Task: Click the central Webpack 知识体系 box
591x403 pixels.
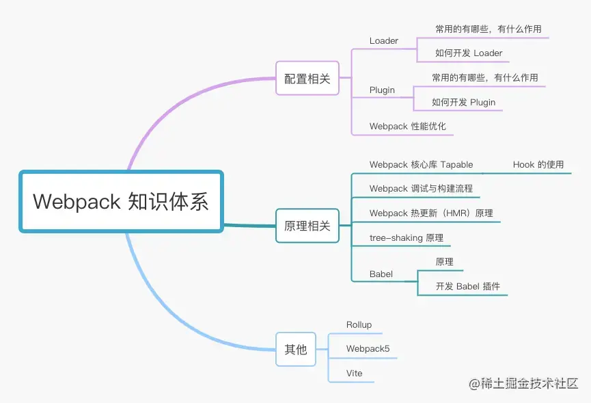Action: (121, 201)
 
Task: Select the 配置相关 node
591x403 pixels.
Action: (307, 79)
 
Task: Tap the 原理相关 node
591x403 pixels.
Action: (307, 226)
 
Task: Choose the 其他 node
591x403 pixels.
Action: (295, 349)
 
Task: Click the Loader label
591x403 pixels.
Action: (383, 41)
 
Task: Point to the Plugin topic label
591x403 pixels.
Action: (382, 90)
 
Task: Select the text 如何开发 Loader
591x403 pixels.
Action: (469, 53)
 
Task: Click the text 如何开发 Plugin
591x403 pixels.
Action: (463, 103)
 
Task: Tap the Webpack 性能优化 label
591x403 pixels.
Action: (407, 127)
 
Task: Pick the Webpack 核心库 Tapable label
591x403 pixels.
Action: (421, 165)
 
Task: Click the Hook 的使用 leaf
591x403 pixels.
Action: (538, 165)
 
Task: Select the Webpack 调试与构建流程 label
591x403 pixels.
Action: (421, 189)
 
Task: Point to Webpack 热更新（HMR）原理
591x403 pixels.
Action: (431, 213)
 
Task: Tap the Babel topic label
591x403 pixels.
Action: (381, 274)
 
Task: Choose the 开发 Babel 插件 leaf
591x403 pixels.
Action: (472, 287)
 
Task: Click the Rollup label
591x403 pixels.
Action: (359, 325)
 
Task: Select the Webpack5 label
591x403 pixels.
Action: (368, 349)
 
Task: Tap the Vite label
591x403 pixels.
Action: (354, 374)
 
